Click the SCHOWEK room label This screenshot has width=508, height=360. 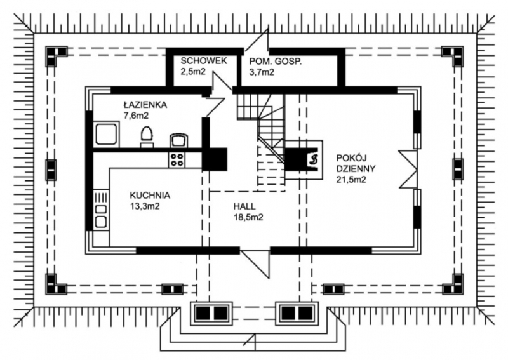204,61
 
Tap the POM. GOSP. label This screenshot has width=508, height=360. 276,62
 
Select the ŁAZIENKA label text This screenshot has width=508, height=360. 145,104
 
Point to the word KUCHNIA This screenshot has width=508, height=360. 150,196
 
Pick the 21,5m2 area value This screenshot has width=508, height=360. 351,179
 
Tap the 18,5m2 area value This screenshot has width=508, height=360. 248,217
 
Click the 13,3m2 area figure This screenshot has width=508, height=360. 145,206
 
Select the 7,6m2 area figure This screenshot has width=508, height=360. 136,115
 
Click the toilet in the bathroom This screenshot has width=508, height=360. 147,137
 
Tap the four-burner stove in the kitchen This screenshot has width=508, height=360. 177,160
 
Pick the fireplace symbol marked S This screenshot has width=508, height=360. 313,159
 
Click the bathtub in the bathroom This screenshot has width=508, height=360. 106,135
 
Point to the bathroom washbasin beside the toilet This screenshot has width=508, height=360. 178,140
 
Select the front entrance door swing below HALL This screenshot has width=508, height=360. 255,263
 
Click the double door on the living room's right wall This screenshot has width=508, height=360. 408,168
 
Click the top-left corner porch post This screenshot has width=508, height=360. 56,56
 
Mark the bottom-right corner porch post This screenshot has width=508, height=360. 453,284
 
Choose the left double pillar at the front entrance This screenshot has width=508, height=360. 211,314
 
